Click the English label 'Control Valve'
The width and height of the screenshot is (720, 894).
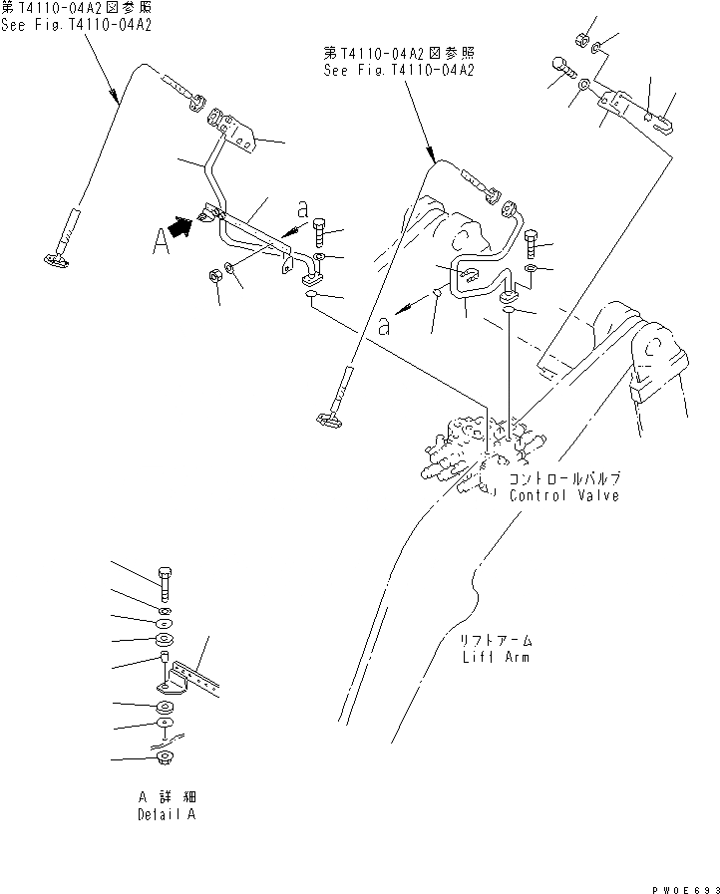pos(563,495)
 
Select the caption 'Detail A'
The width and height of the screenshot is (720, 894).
pos(165,814)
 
